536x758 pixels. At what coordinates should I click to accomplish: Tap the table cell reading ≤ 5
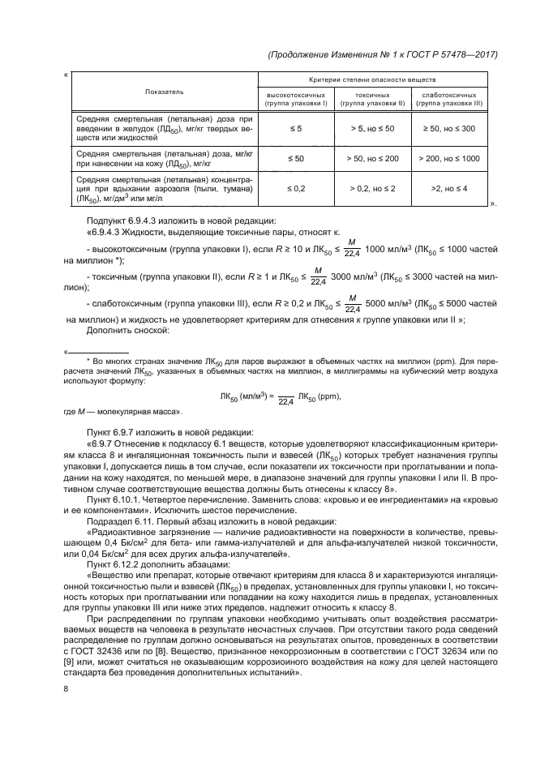(x=296, y=128)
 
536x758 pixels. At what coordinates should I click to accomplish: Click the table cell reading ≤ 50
(x=296, y=159)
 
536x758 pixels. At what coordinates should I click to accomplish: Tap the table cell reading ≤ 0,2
(x=296, y=188)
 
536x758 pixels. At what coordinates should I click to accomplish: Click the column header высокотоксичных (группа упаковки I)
(x=296, y=100)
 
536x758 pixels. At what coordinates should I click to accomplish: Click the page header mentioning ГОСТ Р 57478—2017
(x=380, y=54)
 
